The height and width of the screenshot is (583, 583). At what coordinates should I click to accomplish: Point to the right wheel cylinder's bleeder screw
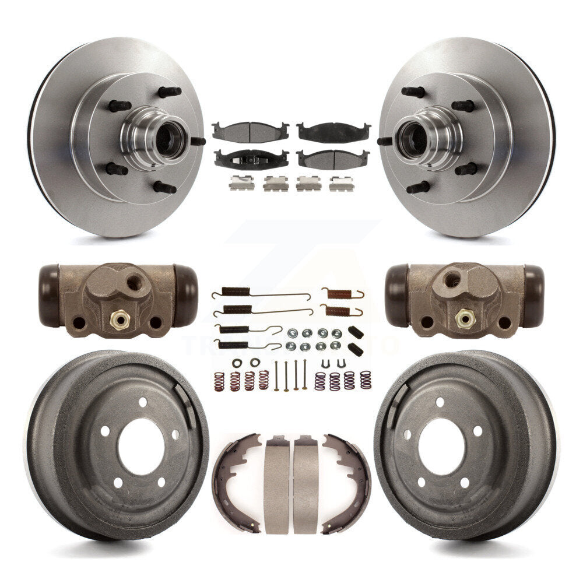point(464,318)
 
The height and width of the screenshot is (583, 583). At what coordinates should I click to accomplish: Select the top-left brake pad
point(250,131)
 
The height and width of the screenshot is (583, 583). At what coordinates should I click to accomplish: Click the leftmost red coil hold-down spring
point(219,381)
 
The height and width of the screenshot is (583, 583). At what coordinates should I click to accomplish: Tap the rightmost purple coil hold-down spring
point(366,380)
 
